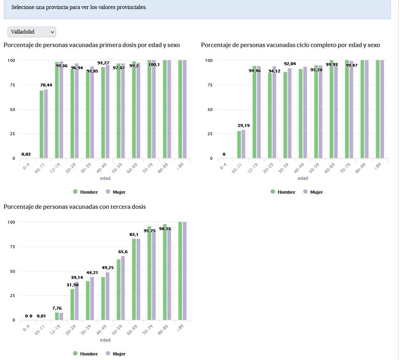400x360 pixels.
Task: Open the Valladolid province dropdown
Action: pyautogui.click(x=32, y=32)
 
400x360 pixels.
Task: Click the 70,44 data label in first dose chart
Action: pyautogui.click(x=46, y=85)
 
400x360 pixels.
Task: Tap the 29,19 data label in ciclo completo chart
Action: pyautogui.click(x=243, y=125)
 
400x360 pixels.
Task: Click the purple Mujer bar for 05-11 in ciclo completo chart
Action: pyautogui.click(x=243, y=144)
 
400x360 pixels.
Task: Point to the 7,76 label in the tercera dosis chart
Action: pyautogui.click(x=57, y=308)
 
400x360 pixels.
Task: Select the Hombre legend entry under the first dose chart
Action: pyautogui.click(x=85, y=192)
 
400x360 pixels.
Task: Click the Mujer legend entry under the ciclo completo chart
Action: pyautogui.click(x=313, y=192)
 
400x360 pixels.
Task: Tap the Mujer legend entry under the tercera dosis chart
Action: pyautogui.click(x=116, y=354)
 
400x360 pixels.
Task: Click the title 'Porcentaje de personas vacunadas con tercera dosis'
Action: pyautogui.click(x=75, y=207)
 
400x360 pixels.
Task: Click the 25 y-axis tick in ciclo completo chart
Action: pyautogui.click(x=209, y=134)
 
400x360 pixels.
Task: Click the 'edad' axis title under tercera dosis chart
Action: pyautogui.click(x=105, y=340)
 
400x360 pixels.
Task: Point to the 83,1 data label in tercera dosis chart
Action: pyautogui.click(x=134, y=234)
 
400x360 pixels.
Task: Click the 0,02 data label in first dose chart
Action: pyautogui.click(x=26, y=154)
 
